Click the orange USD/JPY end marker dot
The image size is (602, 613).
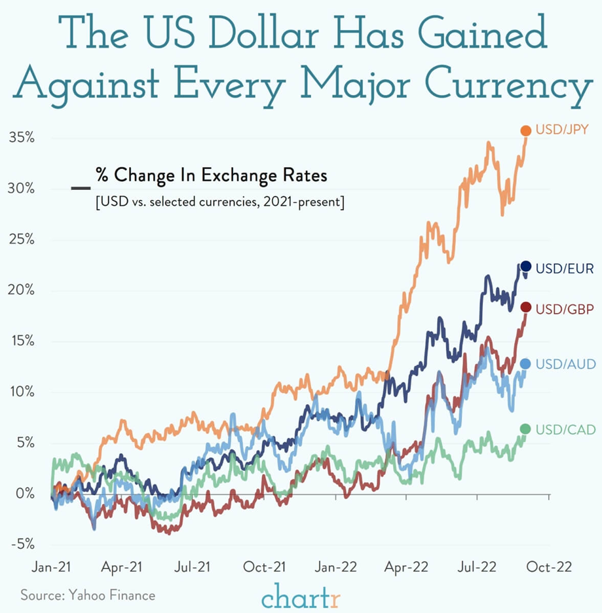click(525, 131)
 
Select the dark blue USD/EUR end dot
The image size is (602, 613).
click(525, 266)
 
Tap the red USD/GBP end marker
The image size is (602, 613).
click(525, 307)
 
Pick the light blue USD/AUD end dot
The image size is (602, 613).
click(525, 363)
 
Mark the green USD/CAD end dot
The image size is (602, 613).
click(525, 428)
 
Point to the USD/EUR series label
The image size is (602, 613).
click(565, 269)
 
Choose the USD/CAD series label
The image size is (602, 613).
click(565, 430)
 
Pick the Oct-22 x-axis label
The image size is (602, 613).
click(549, 567)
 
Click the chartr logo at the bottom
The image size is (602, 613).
click(301, 596)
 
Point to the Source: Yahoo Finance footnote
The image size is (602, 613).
click(88, 595)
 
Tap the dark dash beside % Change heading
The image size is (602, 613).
click(81, 189)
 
